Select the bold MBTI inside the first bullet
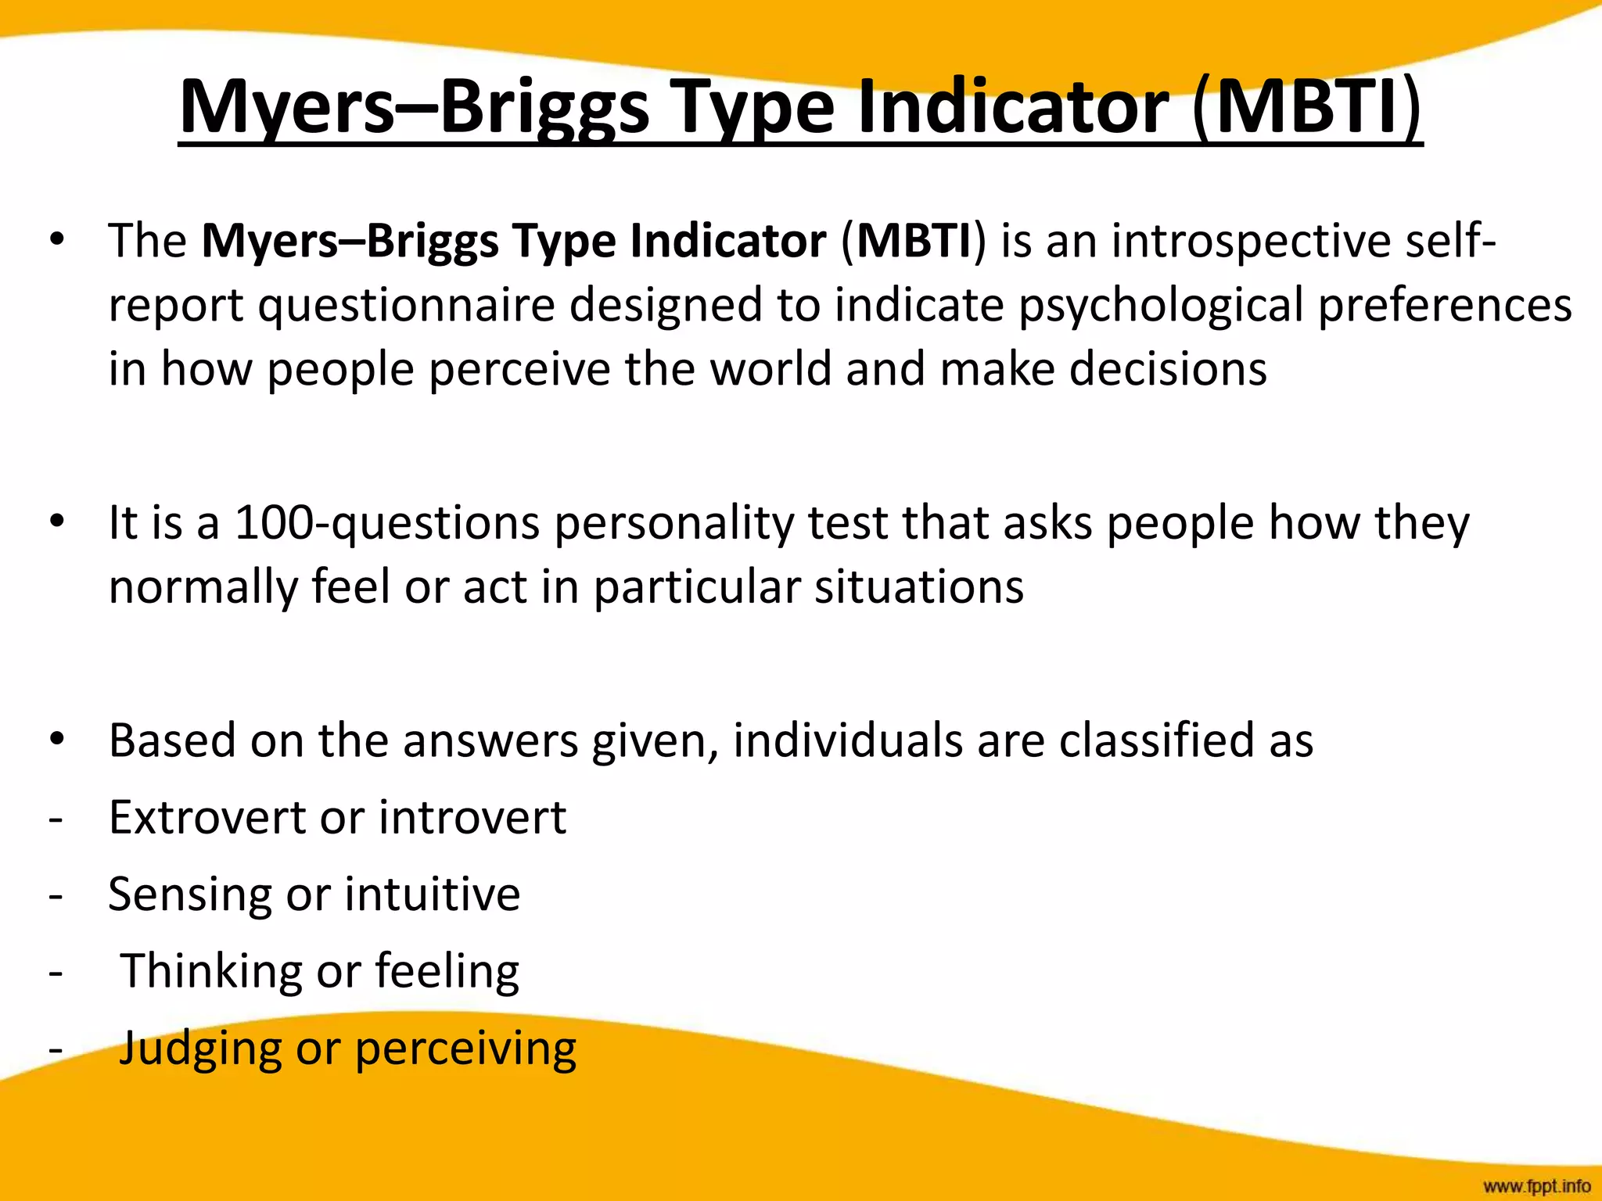914,240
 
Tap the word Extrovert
207,817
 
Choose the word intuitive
432,894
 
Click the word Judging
199,1049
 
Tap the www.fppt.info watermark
1536,1186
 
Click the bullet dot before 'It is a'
56,522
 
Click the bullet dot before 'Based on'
56,740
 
